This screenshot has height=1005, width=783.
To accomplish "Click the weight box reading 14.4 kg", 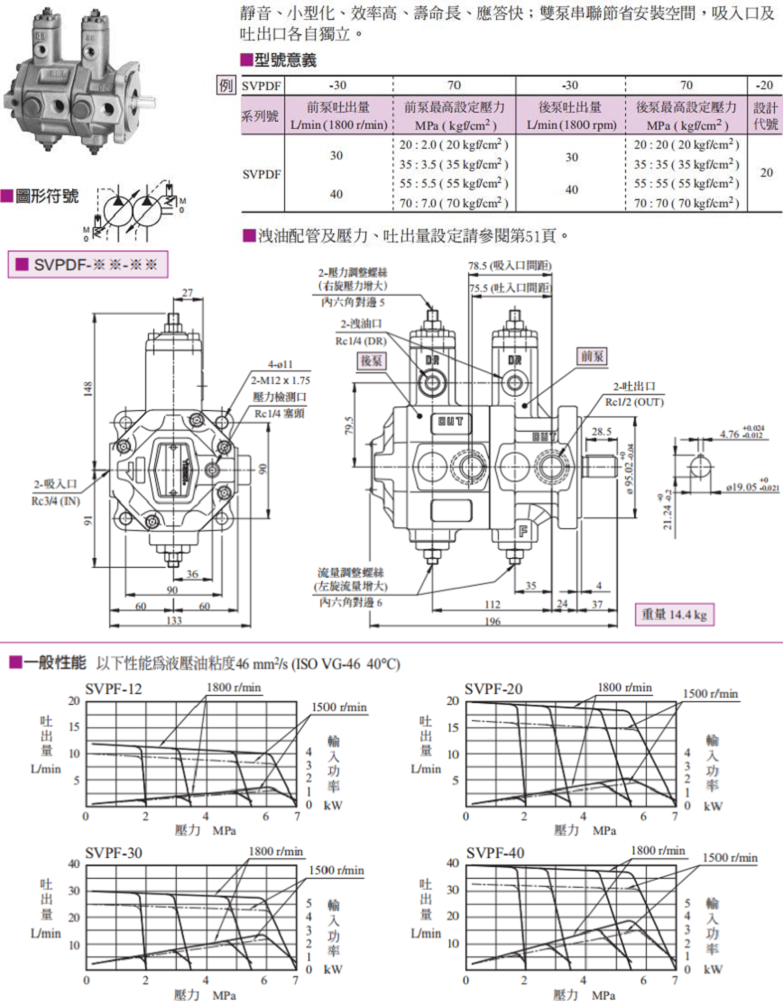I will tap(673, 615).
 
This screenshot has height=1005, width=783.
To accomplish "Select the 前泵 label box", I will tap(591, 357).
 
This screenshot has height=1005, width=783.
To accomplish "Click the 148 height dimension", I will tap(88, 389).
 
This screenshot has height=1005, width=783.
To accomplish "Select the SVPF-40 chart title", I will tap(495, 854).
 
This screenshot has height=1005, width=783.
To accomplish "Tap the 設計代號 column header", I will tap(764, 115).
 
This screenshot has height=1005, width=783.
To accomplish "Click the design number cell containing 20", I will tap(764, 172).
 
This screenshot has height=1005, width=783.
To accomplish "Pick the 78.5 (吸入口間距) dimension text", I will tap(511, 266).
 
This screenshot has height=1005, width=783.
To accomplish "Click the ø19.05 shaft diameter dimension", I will tap(729, 487).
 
